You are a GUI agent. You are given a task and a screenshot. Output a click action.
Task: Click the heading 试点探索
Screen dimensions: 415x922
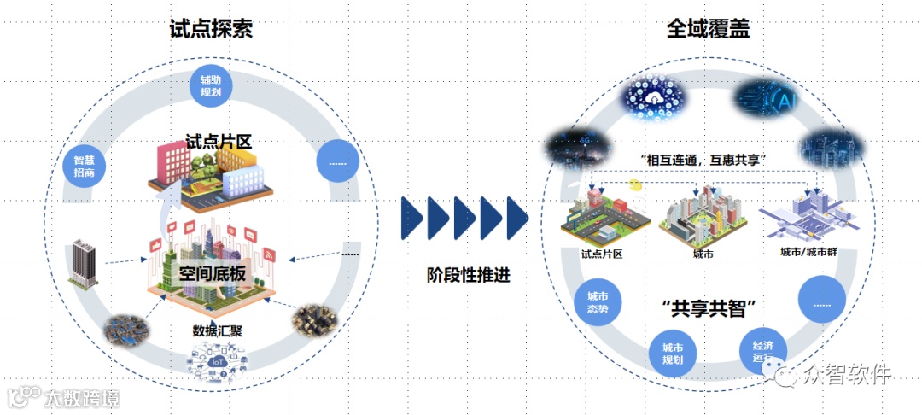pyautogui.click(x=211, y=28)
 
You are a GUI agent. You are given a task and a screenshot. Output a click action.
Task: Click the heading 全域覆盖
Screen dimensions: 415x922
pyautogui.click(x=708, y=28)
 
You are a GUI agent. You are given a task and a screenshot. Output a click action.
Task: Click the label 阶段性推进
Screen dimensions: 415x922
pyautogui.click(x=463, y=276)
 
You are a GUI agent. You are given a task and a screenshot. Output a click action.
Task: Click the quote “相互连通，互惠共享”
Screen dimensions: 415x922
pyautogui.click(x=705, y=160)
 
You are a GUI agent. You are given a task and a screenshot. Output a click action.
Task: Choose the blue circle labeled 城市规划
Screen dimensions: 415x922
pyautogui.click(x=673, y=354)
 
